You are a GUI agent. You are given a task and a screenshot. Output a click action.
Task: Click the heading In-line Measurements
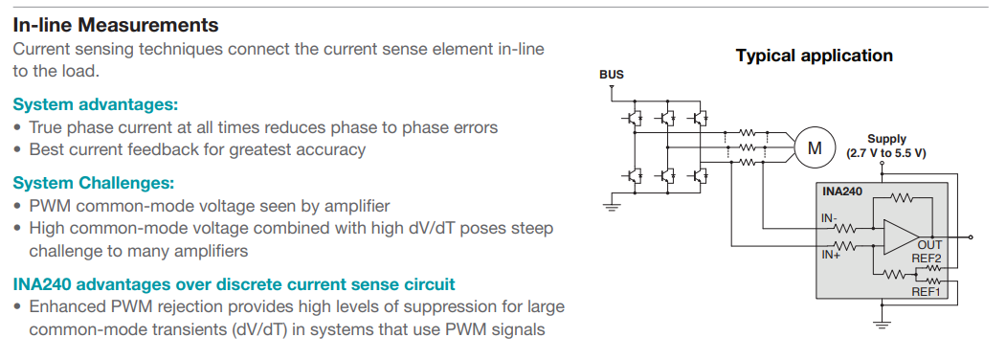[x=116, y=25]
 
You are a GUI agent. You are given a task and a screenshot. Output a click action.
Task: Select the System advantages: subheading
[x=96, y=104]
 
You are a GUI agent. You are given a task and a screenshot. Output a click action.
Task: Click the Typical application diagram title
[x=814, y=56]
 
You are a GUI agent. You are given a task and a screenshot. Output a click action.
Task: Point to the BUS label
[x=611, y=75]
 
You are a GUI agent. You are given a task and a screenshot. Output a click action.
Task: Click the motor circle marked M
[x=815, y=147]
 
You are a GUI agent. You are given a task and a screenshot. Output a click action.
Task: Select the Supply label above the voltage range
[x=886, y=139]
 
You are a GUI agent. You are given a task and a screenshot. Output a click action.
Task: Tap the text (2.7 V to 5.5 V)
[x=886, y=153]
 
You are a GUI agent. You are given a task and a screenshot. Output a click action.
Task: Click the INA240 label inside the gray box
[x=842, y=191]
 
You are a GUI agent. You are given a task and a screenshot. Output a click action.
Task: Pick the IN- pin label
[x=829, y=217]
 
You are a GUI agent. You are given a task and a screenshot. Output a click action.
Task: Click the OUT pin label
[x=929, y=245]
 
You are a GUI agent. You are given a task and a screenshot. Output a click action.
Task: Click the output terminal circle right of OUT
[x=972, y=236]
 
